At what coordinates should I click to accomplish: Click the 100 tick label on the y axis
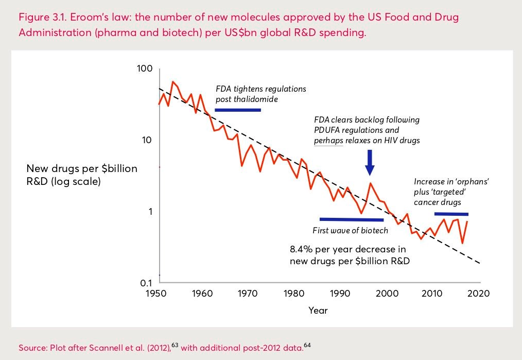click(x=146, y=68)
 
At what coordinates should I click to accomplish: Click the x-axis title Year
click(x=318, y=310)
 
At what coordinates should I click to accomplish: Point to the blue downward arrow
click(x=370, y=163)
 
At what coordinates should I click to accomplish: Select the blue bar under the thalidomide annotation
click(x=238, y=110)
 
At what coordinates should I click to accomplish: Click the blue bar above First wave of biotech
click(x=351, y=219)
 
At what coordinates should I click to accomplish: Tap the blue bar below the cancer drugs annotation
click(x=451, y=214)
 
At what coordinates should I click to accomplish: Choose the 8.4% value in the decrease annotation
click(x=301, y=250)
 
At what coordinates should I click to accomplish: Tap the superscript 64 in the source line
click(x=308, y=345)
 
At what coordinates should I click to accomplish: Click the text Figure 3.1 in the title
click(x=40, y=17)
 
